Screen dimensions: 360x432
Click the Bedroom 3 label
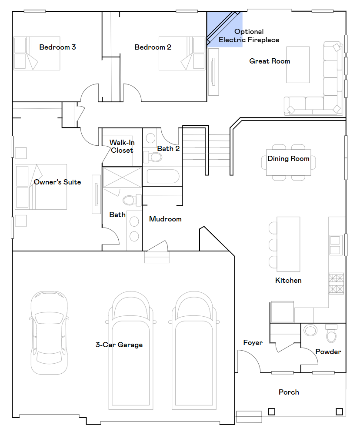(x=57, y=47)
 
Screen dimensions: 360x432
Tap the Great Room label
(x=270, y=61)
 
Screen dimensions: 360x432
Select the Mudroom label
(x=165, y=219)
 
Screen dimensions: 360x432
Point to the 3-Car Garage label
(x=119, y=345)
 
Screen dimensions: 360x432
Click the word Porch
(x=289, y=392)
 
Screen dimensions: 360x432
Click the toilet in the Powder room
(x=331, y=333)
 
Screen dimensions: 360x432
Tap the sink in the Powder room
(x=310, y=330)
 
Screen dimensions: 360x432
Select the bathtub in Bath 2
(x=163, y=176)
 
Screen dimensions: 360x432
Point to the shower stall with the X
(x=122, y=177)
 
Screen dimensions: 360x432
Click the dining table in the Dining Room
(x=288, y=163)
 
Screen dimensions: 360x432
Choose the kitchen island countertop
(x=288, y=244)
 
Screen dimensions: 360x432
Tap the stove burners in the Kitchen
(x=336, y=284)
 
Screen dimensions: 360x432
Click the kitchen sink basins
(x=335, y=245)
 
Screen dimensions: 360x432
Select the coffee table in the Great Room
(x=298, y=65)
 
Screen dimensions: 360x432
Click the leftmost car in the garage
(x=49, y=332)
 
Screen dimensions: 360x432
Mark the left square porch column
(x=272, y=412)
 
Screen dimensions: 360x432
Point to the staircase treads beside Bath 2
(x=207, y=150)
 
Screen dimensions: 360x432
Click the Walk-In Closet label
(x=122, y=146)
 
